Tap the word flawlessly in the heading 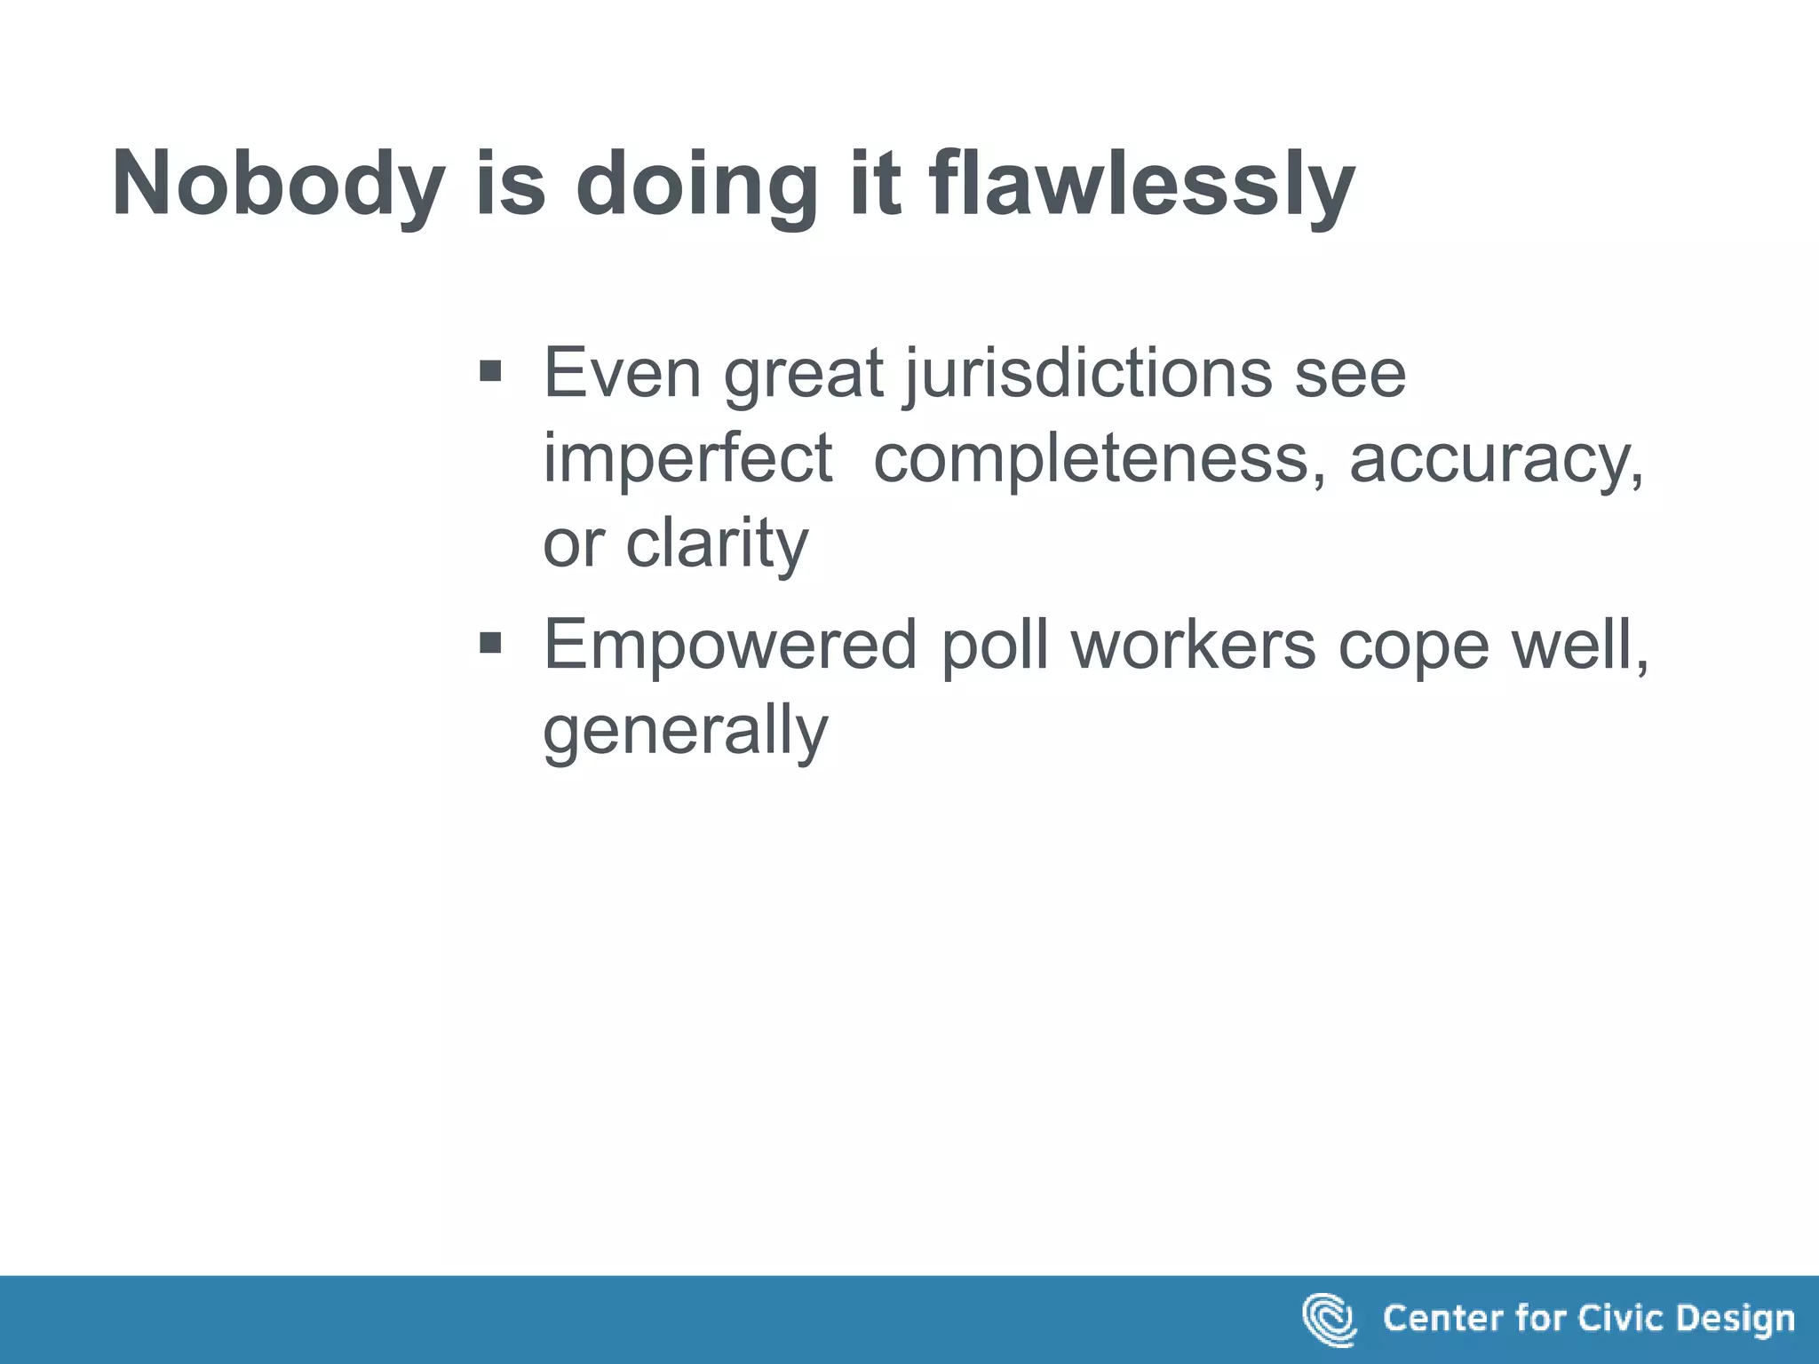1141,184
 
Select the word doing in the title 696,184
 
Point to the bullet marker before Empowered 489,641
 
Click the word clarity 717,544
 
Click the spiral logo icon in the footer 1329,1319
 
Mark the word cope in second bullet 1413,645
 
